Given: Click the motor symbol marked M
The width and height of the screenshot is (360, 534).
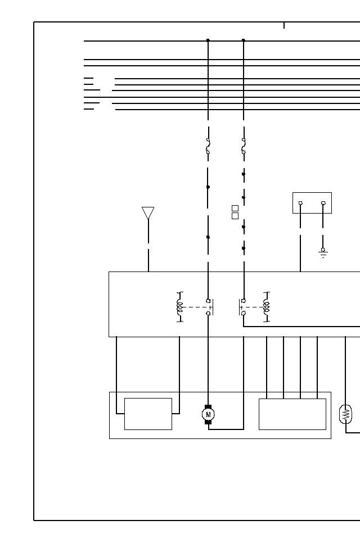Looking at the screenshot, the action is pos(208,414).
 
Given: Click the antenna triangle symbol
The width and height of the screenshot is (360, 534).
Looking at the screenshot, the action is pos(148,213).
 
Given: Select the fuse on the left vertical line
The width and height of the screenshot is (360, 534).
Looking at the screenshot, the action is pos(208,146).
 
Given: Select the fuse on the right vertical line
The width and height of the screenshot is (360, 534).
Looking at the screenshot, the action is pos(244,146).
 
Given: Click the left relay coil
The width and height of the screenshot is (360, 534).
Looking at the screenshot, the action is pos(180,307).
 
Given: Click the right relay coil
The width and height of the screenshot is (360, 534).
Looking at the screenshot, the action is pos(267,307).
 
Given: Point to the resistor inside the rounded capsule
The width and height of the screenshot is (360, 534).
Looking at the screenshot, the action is pos(346,414).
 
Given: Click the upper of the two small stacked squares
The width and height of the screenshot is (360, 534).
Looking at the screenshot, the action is pos(235,209).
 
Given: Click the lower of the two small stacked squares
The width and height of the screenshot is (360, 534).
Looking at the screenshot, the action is pos(235,216).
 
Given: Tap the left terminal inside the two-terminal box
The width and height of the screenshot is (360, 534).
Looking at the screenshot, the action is pos(300,203).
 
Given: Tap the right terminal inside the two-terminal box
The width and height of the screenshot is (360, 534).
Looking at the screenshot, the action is pos(323,203).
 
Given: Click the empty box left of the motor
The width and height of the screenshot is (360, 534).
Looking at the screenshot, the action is pos(148,414).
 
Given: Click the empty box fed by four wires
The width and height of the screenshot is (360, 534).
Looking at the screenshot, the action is pos(292,414).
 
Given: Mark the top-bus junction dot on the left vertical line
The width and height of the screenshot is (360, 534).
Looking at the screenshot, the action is pos(208,40).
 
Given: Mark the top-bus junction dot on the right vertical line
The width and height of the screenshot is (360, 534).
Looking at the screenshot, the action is pos(244,40).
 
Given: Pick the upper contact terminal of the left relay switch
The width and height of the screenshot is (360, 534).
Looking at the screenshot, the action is pos(208,301).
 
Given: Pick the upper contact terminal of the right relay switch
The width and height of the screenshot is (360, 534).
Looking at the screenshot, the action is pos(244,301).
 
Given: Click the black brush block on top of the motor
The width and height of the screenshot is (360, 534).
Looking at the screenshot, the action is pos(208,406).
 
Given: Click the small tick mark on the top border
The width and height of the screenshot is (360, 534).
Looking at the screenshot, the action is pos(284,25).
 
